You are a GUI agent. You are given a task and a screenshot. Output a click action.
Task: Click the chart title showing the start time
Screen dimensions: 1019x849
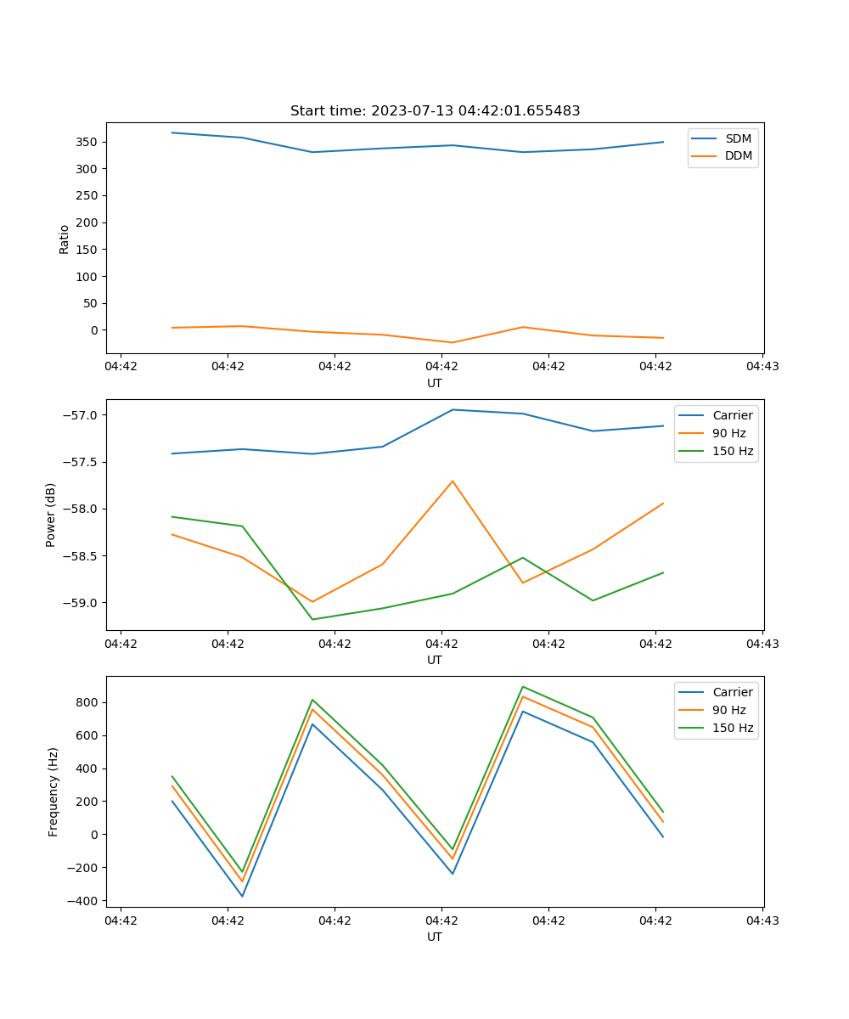click(x=435, y=111)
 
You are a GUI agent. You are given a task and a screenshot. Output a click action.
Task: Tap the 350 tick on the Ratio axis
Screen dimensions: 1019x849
click(x=88, y=142)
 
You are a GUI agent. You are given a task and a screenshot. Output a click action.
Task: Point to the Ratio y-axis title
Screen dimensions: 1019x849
click(x=65, y=239)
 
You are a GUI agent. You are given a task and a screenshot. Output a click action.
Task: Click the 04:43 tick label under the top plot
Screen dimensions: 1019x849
click(x=762, y=367)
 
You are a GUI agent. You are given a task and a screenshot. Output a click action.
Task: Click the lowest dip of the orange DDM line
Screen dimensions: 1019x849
click(x=452, y=342)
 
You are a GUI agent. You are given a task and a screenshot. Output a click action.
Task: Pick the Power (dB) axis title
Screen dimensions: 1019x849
click(x=51, y=515)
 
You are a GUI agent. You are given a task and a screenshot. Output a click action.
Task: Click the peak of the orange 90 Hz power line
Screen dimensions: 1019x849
click(x=453, y=481)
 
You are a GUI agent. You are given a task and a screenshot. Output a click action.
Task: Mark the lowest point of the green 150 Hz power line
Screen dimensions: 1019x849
click(x=312, y=619)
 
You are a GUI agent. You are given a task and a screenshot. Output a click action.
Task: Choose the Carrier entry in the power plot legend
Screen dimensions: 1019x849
click(x=732, y=415)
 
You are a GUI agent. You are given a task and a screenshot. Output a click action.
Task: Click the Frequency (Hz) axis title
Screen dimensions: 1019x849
click(x=53, y=791)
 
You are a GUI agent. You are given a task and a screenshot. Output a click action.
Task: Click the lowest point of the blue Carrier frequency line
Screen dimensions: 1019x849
click(x=242, y=896)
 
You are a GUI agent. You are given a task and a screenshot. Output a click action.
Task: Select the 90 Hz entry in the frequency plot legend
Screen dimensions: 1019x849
click(x=729, y=710)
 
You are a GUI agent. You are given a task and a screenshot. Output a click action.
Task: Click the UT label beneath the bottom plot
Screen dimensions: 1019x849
click(x=435, y=937)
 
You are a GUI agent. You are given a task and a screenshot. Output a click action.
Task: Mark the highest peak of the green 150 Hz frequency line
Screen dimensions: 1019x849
click(x=522, y=686)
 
